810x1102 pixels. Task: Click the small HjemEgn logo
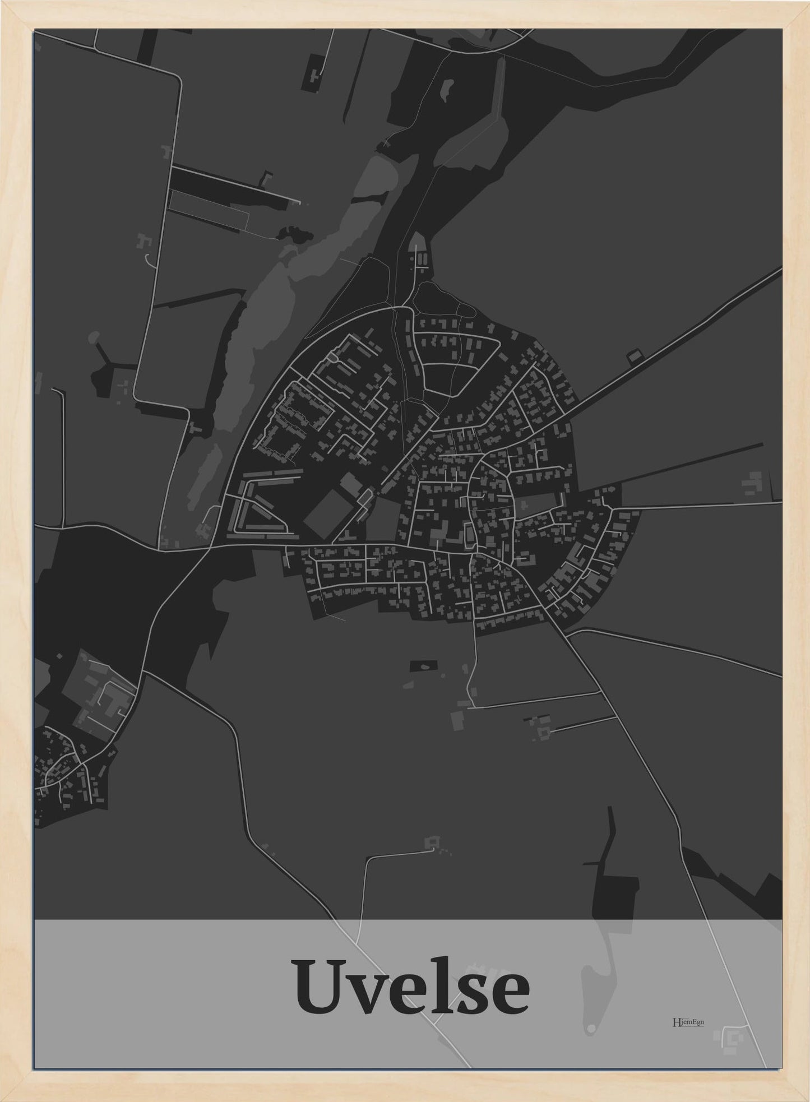coord(688,1021)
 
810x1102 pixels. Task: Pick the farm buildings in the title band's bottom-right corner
coord(732,1036)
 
